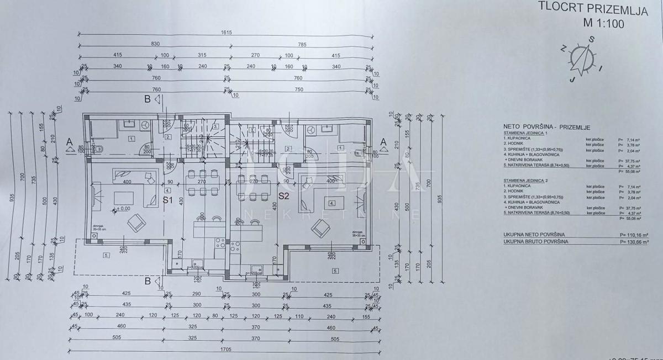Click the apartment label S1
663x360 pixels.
169,200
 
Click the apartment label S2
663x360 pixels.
284,195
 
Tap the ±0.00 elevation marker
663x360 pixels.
121,209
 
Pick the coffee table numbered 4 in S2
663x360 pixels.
331,203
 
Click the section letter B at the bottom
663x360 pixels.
148,281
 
